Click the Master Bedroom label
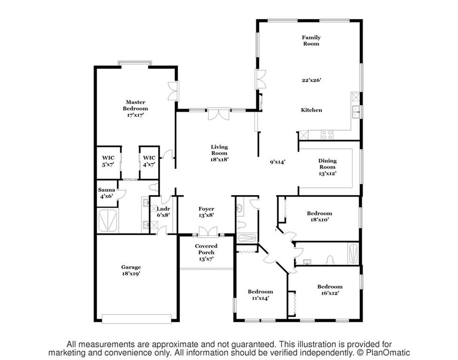pos(135,108)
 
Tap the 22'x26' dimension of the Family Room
pos(312,80)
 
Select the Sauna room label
pos(107,190)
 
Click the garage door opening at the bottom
pos(137,319)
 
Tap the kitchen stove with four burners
pos(327,135)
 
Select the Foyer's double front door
pos(208,232)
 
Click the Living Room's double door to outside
pos(218,114)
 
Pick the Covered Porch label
pos(206,252)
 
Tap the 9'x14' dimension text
pos(277,162)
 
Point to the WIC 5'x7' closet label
pos(108,161)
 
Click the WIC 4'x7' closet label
pos(149,161)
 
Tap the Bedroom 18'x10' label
pos(320,216)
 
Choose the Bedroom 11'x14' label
pos(260,295)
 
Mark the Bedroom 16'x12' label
pos(330,290)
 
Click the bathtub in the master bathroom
pos(107,220)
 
